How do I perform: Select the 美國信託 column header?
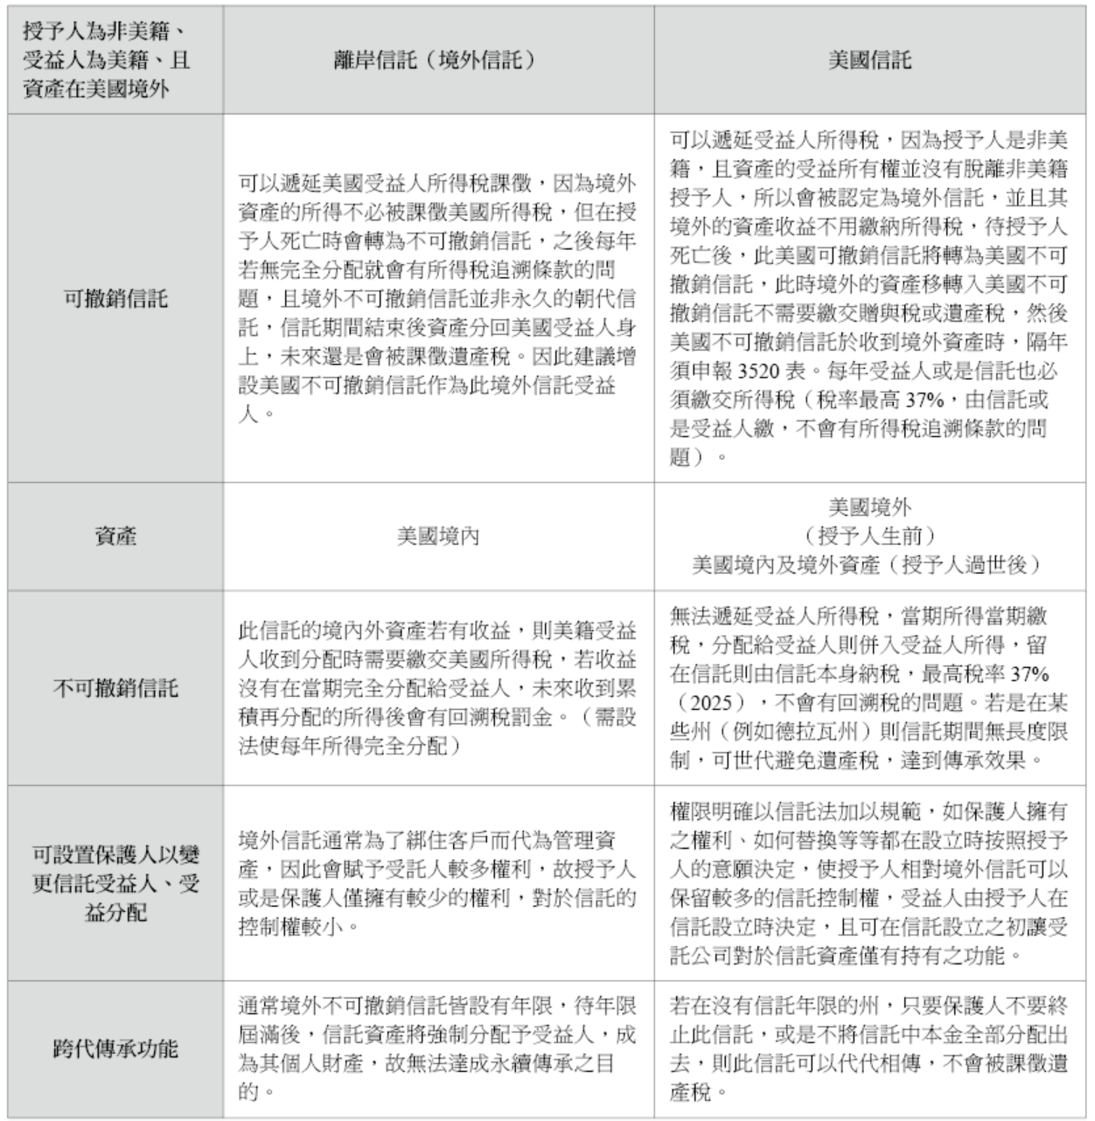point(869,59)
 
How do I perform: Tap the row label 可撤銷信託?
point(115,299)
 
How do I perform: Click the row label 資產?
point(115,535)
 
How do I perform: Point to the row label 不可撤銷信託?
point(115,688)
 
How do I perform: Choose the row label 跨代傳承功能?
point(115,1048)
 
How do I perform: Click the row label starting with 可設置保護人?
point(115,883)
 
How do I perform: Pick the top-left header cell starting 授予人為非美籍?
point(107,59)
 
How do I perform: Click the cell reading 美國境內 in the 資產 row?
point(437,535)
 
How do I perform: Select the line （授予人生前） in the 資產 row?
point(869,535)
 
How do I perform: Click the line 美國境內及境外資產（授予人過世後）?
point(869,564)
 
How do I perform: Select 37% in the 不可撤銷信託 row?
point(1029,674)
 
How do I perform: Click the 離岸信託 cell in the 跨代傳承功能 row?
point(437,1048)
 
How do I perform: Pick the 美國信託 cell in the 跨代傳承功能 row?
point(869,1048)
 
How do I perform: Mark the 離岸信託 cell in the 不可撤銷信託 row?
point(437,688)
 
